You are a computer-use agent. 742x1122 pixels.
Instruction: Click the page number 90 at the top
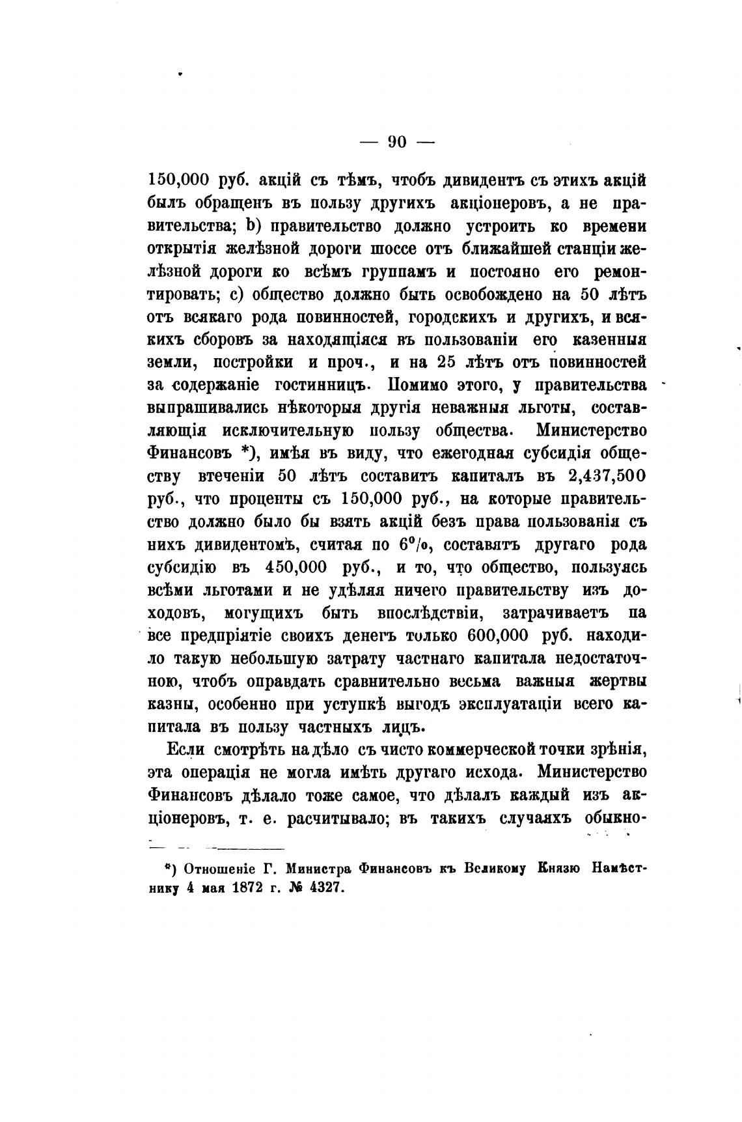[396, 141]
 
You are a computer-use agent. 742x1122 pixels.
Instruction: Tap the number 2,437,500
[607, 476]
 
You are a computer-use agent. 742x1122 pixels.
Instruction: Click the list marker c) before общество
[238, 294]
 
